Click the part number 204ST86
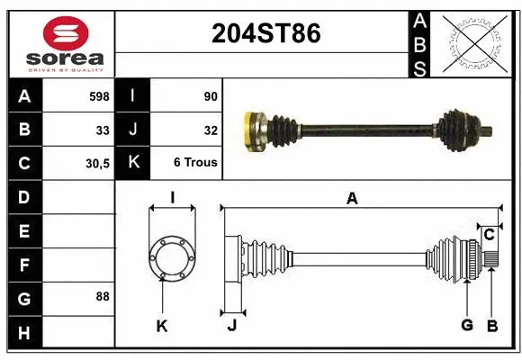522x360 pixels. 265,33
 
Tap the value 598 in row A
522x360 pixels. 99,95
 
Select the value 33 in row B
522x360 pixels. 103,130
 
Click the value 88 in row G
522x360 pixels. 103,296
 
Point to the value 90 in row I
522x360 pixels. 210,95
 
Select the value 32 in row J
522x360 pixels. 210,130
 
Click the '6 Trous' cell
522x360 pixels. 195,164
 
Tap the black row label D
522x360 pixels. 23,197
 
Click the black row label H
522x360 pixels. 23,333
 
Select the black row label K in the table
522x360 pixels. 133,164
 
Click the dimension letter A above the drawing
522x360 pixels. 352,199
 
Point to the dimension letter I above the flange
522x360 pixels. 172,198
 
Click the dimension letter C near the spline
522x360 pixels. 489,235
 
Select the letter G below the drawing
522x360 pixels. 466,326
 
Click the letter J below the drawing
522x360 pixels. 231,326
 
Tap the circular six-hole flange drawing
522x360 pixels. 172,256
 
